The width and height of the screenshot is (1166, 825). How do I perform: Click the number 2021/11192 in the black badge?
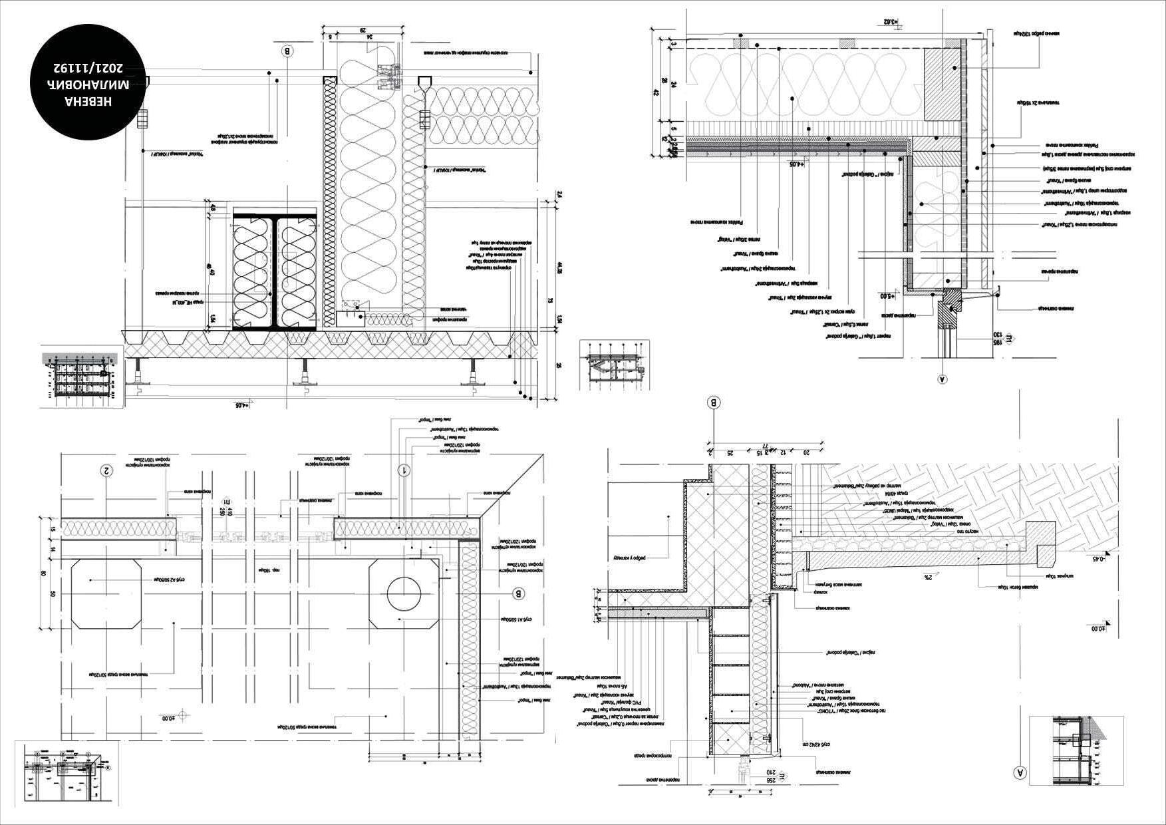click(89, 67)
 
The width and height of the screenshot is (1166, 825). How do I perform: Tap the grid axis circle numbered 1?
click(404, 470)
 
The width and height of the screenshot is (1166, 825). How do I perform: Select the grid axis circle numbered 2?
click(105, 470)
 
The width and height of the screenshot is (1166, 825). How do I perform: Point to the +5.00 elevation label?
click(888, 296)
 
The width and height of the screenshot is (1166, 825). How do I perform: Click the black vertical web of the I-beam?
click(275, 271)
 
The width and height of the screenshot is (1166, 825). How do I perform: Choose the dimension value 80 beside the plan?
click(44, 573)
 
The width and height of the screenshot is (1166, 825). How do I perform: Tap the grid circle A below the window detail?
click(941, 380)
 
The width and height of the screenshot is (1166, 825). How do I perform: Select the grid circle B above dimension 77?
click(714, 403)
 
